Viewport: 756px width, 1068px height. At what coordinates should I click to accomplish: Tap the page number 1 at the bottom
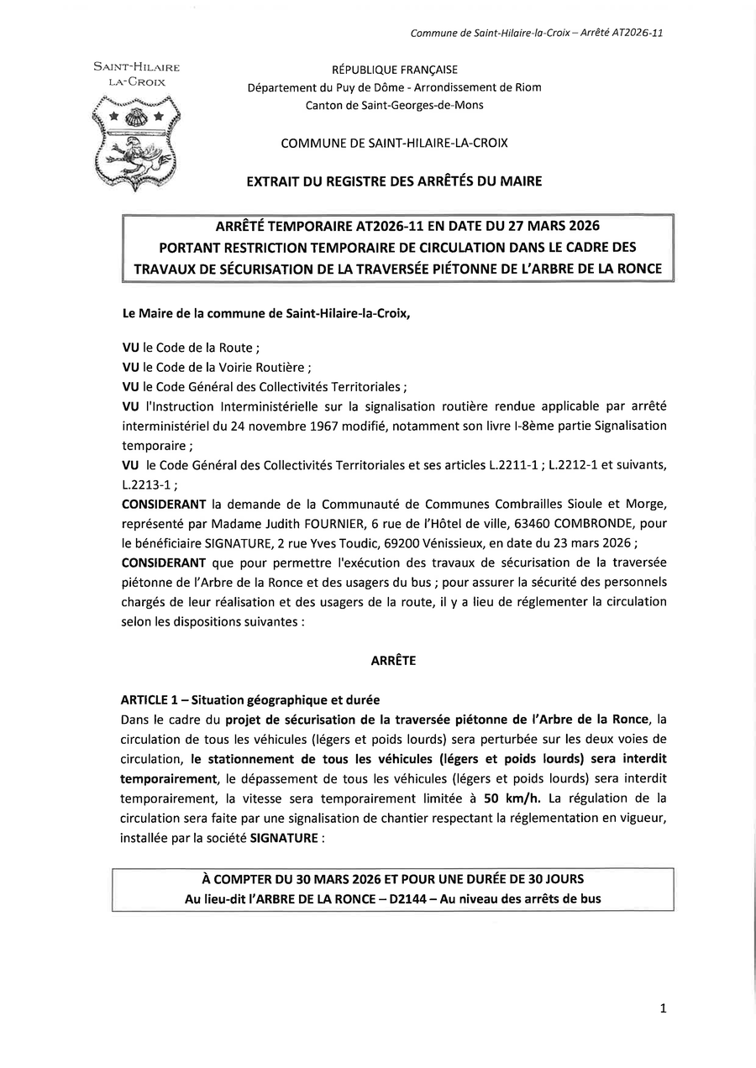[x=663, y=1008]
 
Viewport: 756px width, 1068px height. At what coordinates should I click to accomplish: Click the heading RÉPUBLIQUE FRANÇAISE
[x=394, y=70]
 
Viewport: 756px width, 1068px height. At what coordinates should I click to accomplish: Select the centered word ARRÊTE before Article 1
[x=393, y=661]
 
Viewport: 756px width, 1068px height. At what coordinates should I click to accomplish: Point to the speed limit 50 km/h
[x=512, y=797]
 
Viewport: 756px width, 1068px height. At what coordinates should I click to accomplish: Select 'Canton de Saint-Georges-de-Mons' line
[x=394, y=105]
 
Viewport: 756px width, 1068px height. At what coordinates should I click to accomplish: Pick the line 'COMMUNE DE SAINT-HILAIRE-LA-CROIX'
[x=394, y=144]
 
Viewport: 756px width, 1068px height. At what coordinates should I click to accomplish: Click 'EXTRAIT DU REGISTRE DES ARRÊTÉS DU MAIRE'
[x=394, y=181]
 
